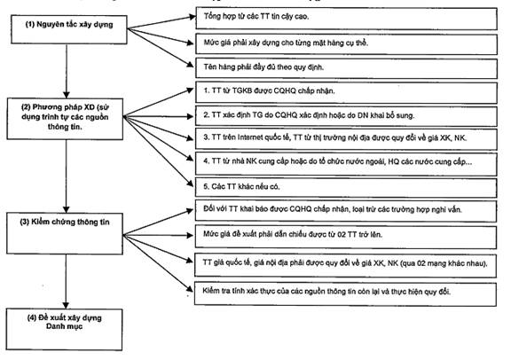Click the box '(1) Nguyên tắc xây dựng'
click(69, 29)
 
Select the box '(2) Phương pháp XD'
click(65, 119)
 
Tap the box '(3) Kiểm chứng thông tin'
click(65, 233)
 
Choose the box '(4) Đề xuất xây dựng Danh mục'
click(64, 329)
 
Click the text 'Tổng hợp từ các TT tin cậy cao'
click(256, 16)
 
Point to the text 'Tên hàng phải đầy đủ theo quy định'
click(263, 67)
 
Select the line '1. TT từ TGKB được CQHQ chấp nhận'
click(269, 90)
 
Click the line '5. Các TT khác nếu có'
click(241, 187)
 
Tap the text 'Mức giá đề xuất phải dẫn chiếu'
click(255, 234)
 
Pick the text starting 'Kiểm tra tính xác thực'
click(326, 291)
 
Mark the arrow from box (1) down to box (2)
click(67, 71)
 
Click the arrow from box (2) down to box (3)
click(67, 176)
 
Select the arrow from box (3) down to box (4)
click(66, 281)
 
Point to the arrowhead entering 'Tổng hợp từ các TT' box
click(193, 17)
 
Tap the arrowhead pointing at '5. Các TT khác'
click(190, 184)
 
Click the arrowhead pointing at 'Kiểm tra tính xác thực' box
click(190, 289)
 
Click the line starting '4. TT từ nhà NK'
click(338, 161)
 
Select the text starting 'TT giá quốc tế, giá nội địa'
click(345, 263)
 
